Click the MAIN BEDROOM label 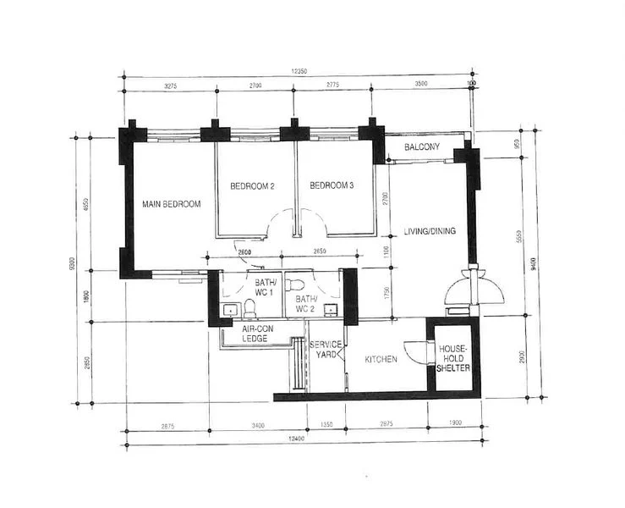tap(171, 204)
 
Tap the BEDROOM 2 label tap(253, 186)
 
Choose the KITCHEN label tap(381, 360)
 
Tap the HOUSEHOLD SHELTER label tap(452, 358)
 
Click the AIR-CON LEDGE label tap(255, 334)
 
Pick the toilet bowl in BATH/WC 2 tap(295, 284)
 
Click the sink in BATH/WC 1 tap(228, 310)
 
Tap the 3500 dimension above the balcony tap(420, 86)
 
